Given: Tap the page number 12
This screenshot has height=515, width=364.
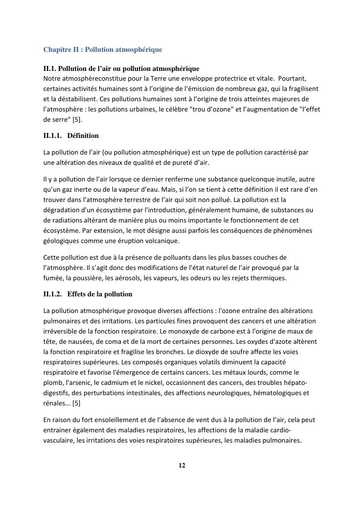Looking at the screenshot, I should point(182,465).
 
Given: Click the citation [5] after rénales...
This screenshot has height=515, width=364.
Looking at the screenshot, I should point(77,403).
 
